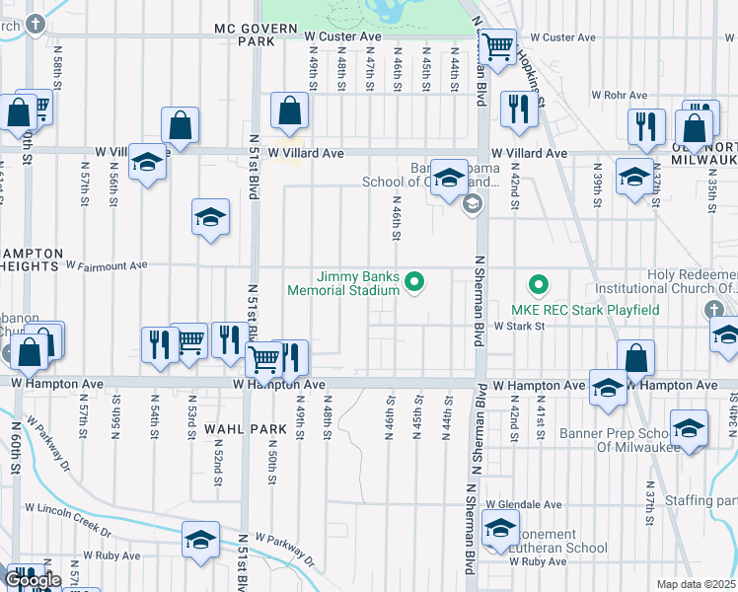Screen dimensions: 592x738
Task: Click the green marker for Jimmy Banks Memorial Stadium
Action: tap(415, 284)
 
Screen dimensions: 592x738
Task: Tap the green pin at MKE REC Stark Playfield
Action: tap(538, 286)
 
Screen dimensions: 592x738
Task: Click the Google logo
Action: tap(32, 580)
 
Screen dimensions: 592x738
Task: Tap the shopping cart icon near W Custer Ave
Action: tap(499, 45)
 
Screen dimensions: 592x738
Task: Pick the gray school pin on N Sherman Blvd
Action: tap(472, 204)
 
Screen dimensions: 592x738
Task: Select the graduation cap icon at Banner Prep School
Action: tap(689, 428)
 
